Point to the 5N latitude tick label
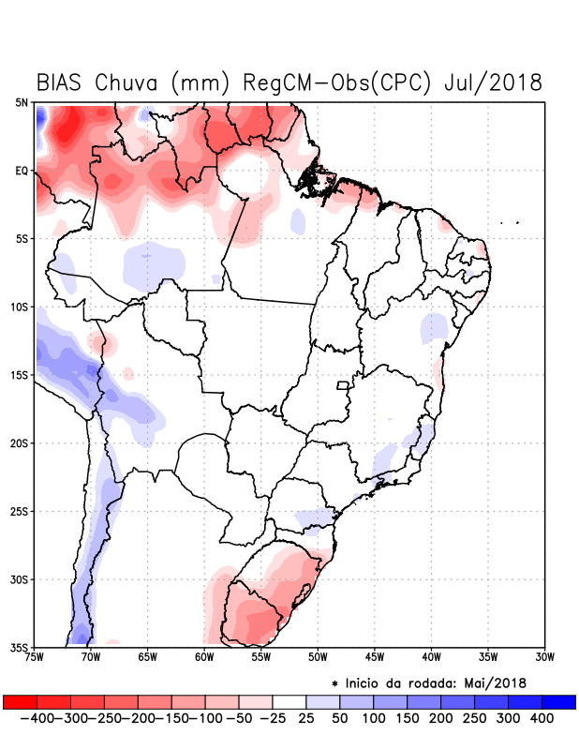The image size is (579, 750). tap(22, 102)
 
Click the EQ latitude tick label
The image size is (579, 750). tap(22, 171)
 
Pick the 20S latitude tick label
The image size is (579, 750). tap(20, 442)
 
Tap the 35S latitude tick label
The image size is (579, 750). tap(20, 647)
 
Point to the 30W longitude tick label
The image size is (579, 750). tap(545, 657)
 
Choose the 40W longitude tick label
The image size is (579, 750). tap(431, 657)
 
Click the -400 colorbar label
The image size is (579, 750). tap(35, 718)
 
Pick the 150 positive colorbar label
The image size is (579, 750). tap(407, 718)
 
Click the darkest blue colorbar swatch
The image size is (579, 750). tap(558, 701)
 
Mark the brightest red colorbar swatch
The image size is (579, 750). tap(20, 701)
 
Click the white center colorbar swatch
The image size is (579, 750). tap(289, 701)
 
